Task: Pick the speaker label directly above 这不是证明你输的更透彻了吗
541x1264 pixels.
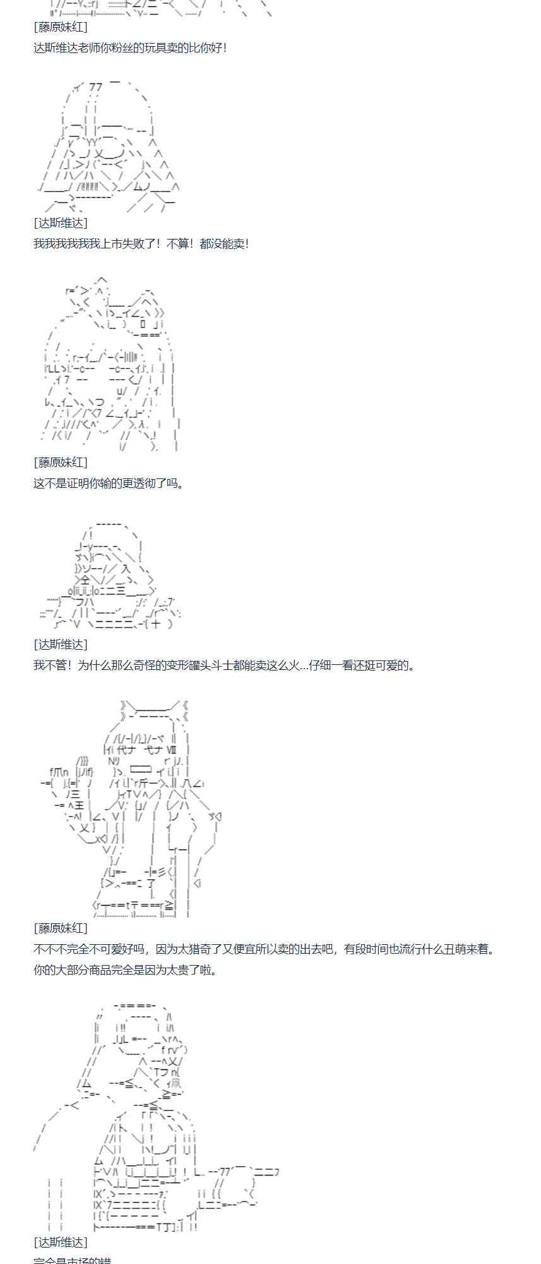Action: [61, 463]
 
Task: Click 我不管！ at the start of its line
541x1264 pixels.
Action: [55, 665]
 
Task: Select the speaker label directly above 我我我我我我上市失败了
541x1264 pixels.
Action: [61, 223]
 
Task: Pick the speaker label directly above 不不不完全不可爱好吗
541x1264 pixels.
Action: [61, 928]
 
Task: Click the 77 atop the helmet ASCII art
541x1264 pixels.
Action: [95, 87]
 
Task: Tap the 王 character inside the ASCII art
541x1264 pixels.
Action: [79, 805]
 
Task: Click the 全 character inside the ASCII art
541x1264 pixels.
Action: [85, 579]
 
